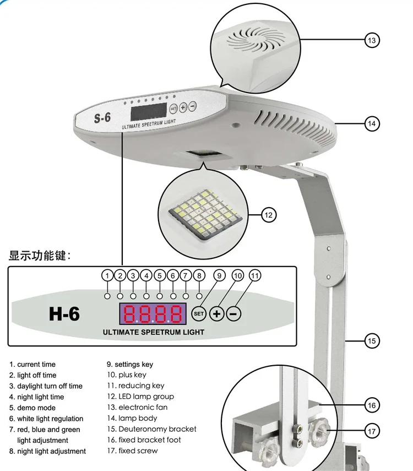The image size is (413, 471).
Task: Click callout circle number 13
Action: click(x=372, y=40)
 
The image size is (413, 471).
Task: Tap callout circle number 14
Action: click(x=372, y=123)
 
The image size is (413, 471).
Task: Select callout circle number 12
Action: click(x=268, y=215)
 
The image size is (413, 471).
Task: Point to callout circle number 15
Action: click(x=372, y=341)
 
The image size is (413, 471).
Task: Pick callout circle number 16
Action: click(x=372, y=405)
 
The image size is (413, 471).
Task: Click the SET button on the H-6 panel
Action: click(x=199, y=314)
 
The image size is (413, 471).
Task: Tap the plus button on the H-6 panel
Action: click(x=218, y=314)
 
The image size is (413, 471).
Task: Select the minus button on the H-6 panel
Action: click(x=233, y=314)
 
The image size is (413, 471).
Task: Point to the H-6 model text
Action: click(x=64, y=314)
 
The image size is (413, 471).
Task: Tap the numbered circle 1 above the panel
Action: click(x=107, y=275)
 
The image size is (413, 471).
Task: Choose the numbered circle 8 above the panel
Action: click(x=199, y=275)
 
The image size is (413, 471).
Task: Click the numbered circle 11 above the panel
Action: click(x=255, y=275)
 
